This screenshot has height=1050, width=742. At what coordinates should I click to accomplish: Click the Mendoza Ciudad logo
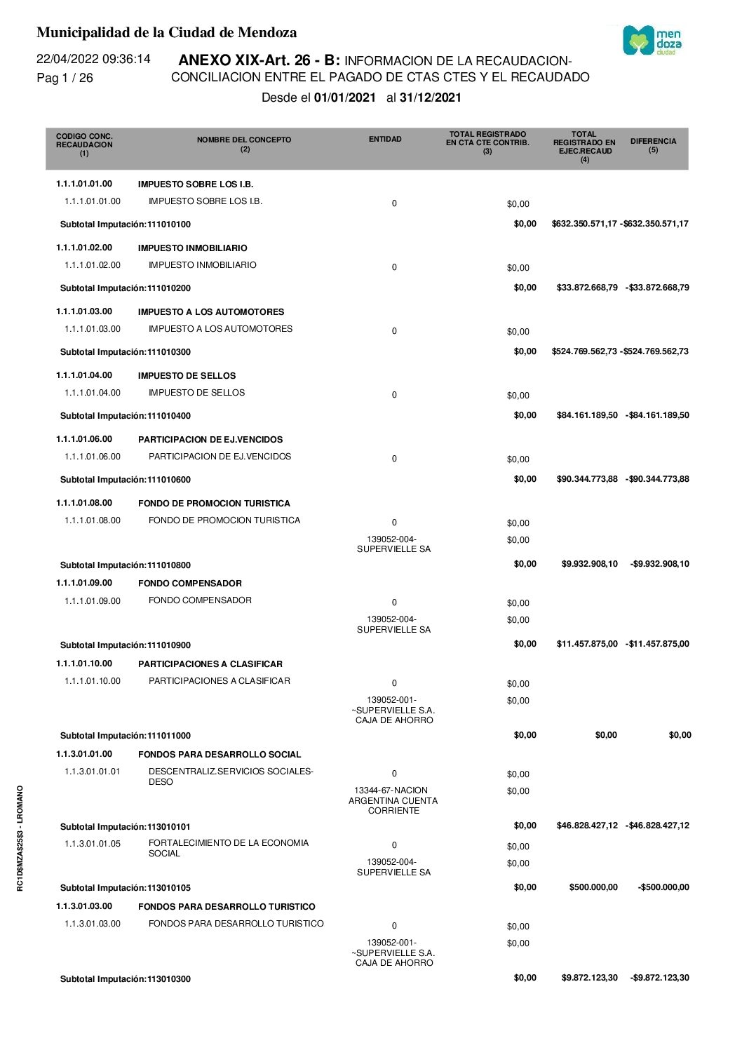[x=652, y=41]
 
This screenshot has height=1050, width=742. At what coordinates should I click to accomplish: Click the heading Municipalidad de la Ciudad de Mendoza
[x=166, y=32]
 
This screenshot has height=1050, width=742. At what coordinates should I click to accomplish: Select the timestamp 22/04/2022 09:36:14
[x=93, y=59]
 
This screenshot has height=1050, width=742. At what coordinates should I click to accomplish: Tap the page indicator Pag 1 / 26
[x=65, y=78]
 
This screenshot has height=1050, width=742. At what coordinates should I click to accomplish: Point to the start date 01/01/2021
[x=345, y=97]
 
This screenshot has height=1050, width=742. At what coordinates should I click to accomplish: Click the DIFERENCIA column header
[x=653, y=144]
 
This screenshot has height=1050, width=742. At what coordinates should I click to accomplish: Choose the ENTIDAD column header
[x=385, y=140]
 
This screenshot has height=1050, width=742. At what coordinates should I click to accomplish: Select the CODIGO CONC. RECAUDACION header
[x=84, y=144]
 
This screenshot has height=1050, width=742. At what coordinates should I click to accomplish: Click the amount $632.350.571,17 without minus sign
[x=584, y=224]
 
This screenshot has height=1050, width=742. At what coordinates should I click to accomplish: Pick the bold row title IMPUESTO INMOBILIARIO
[x=192, y=248]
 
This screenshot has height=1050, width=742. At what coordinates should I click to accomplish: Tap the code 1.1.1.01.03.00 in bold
[x=84, y=311]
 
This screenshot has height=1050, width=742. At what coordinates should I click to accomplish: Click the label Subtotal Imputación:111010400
[x=126, y=416]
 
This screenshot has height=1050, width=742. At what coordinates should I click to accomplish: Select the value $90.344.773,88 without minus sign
[x=587, y=479]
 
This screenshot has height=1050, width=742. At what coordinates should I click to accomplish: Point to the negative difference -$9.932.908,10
[x=659, y=564]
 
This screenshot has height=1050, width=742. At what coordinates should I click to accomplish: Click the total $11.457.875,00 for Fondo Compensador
[x=587, y=644]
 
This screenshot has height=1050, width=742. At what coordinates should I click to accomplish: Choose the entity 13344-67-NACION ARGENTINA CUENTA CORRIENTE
[x=393, y=800]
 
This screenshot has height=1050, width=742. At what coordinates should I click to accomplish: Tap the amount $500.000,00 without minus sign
[x=593, y=887]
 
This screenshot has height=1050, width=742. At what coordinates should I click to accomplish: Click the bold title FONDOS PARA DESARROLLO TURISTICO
[x=227, y=907]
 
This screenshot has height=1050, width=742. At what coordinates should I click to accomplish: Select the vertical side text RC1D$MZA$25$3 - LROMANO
[x=20, y=837]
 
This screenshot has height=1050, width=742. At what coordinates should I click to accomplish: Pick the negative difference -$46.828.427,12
[x=657, y=826]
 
